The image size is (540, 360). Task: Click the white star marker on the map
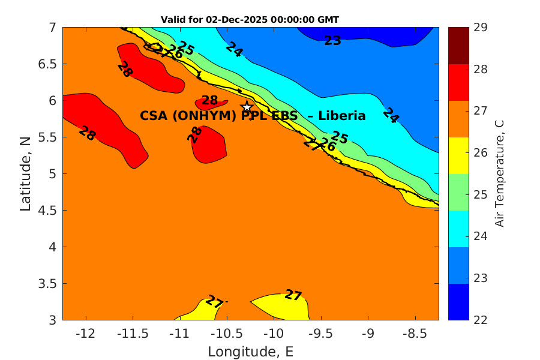(246, 107)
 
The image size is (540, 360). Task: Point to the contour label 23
(332, 41)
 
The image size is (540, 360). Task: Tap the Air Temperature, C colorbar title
(499, 173)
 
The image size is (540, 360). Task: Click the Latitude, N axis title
(25, 173)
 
